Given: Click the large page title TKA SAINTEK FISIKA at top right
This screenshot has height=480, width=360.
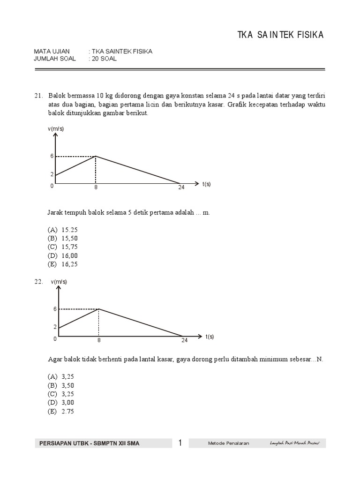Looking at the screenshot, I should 280,36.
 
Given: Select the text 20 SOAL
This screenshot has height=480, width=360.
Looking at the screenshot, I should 104,59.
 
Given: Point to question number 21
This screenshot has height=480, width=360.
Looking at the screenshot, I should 38,96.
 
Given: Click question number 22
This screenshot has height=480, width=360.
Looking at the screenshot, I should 38,281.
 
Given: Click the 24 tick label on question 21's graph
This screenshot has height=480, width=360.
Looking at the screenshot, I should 181,187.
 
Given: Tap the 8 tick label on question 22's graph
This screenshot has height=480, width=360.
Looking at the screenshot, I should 99,341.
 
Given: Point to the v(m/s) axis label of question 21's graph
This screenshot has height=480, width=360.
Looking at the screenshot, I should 56,128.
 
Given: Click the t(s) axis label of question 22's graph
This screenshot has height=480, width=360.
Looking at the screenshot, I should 210,337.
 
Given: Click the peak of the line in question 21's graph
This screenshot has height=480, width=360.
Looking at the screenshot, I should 96,156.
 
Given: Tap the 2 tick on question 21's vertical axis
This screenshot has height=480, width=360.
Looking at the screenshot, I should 52,174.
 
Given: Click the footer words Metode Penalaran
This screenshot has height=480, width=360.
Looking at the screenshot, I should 228,443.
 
